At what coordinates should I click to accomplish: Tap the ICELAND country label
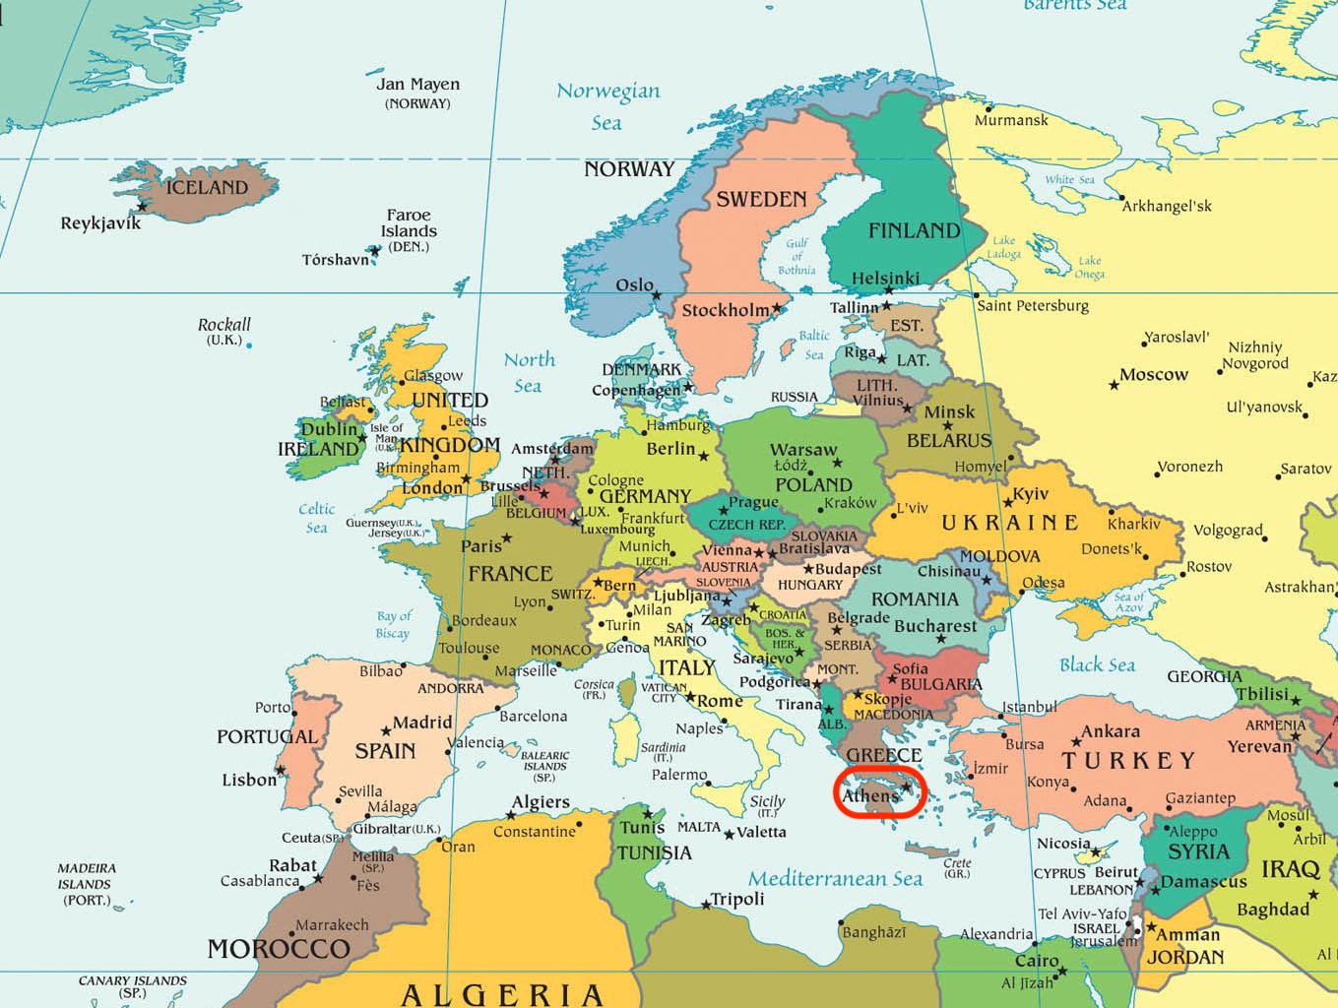pyautogui.click(x=207, y=187)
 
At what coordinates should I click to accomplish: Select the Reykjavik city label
pyautogui.click(x=100, y=223)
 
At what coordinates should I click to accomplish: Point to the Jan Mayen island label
pyautogui.click(x=417, y=85)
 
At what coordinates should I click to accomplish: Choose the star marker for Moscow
pyautogui.click(x=1114, y=384)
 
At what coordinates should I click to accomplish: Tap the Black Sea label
pyautogui.click(x=1097, y=665)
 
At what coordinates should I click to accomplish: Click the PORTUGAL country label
pyautogui.click(x=267, y=736)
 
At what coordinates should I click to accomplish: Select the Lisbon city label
pyautogui.click(x=249, y=780)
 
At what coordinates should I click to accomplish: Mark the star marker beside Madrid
pyautogui.click(x=386, y=730)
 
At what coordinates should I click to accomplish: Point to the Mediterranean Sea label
pyautogui.click(x=835, y=878)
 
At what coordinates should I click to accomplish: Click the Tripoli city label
pyautogui.click(x=737, y=899)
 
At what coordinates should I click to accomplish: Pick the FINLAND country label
pyautogui.click(x=914, y=230)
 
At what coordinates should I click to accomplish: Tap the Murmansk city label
pyautogui.click(x=1011, y=120)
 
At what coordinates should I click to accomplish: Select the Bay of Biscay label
pyautogui.click(x=393, y=624)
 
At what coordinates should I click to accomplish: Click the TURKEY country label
pyautogui.click(x=1127, y=760)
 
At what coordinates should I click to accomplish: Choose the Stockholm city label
pyautogui.click(x=726, y=310)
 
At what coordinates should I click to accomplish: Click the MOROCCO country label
pyautogui.click(x=278, y=949)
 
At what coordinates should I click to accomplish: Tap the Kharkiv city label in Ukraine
pyautogui.click(x=1133, y=524)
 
